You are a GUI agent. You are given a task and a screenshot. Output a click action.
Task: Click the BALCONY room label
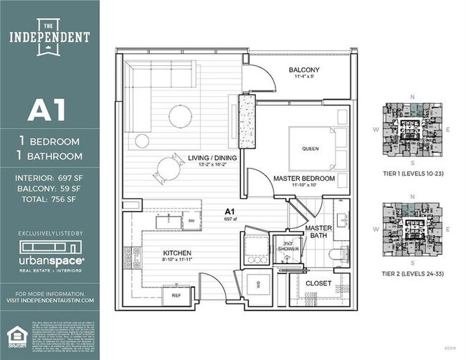[x=304, y=70]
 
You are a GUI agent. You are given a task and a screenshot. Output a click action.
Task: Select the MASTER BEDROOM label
[x=305, y=178]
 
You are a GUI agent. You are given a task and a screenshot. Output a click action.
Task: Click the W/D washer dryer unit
[x=258, y=284]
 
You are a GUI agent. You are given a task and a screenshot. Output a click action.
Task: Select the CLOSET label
[x=318, y=283]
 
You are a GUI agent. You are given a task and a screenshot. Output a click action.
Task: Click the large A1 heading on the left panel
[x=46, y=110]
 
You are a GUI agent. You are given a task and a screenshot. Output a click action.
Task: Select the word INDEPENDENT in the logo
[x=50, y=37]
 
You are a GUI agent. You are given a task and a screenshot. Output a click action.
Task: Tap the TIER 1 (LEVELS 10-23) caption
[x=413, y=174]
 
